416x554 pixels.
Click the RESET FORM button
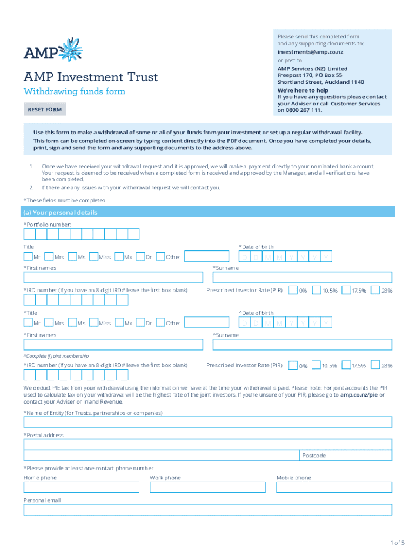(45, 110)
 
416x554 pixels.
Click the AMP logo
(53, 50)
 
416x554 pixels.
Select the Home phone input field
(81, 487)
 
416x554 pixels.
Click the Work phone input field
(207, 487)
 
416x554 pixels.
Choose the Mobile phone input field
(334, 487)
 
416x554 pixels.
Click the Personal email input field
(207, 510)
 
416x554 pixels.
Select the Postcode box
(346, 456)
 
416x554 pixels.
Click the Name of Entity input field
(207, 422)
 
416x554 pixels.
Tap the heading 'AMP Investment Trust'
(91, 77)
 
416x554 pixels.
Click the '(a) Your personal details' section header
(60, 213)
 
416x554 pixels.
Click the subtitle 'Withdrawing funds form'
(75, 91)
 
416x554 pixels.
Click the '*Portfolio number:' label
(47, 224)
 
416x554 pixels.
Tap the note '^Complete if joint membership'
(56, 356)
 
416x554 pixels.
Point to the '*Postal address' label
(43, 435)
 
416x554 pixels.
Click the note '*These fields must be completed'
(64, 200)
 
